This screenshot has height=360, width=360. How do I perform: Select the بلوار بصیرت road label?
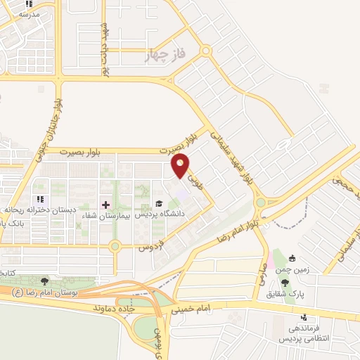(84, 151)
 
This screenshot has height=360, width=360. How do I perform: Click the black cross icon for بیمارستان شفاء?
(105, 205)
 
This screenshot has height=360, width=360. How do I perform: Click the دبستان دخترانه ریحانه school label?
(39, 210)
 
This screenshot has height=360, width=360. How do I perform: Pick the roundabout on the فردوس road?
(115, 246)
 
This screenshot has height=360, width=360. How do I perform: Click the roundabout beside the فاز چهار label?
(206, 51)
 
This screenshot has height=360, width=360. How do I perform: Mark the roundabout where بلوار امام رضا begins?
(261, 202)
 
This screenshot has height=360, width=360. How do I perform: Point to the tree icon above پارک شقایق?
(285, 281)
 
